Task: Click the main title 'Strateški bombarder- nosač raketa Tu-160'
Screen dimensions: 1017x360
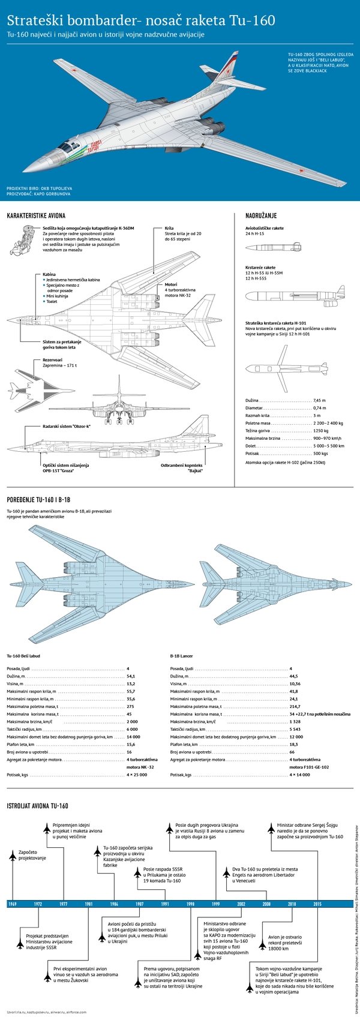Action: tap(141, 21)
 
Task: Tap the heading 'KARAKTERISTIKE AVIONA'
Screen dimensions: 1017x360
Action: tap(36, 215)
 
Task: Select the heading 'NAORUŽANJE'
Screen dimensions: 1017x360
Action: tap(261, 215)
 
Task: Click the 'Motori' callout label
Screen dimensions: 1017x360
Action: tap(171, 284)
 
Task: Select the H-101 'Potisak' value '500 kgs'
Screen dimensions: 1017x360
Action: tap(321, 453)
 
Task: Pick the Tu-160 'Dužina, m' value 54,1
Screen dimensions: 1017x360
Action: tap(131, 676)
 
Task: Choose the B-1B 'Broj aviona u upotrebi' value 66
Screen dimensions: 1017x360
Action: tap(292, 752)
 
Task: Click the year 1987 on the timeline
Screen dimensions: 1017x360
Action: tap(139, 904)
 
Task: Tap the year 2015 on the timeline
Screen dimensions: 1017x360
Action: tap(317, 904)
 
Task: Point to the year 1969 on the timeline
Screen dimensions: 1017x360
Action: tap(13, 904)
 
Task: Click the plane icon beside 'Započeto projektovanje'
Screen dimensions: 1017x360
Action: tap(12, 855)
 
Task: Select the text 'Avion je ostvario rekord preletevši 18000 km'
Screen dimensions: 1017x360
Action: tap(284, 943)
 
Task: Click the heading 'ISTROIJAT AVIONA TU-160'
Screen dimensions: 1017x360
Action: tap(37, 806)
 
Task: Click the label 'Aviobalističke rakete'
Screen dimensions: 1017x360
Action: tap(265, 229)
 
